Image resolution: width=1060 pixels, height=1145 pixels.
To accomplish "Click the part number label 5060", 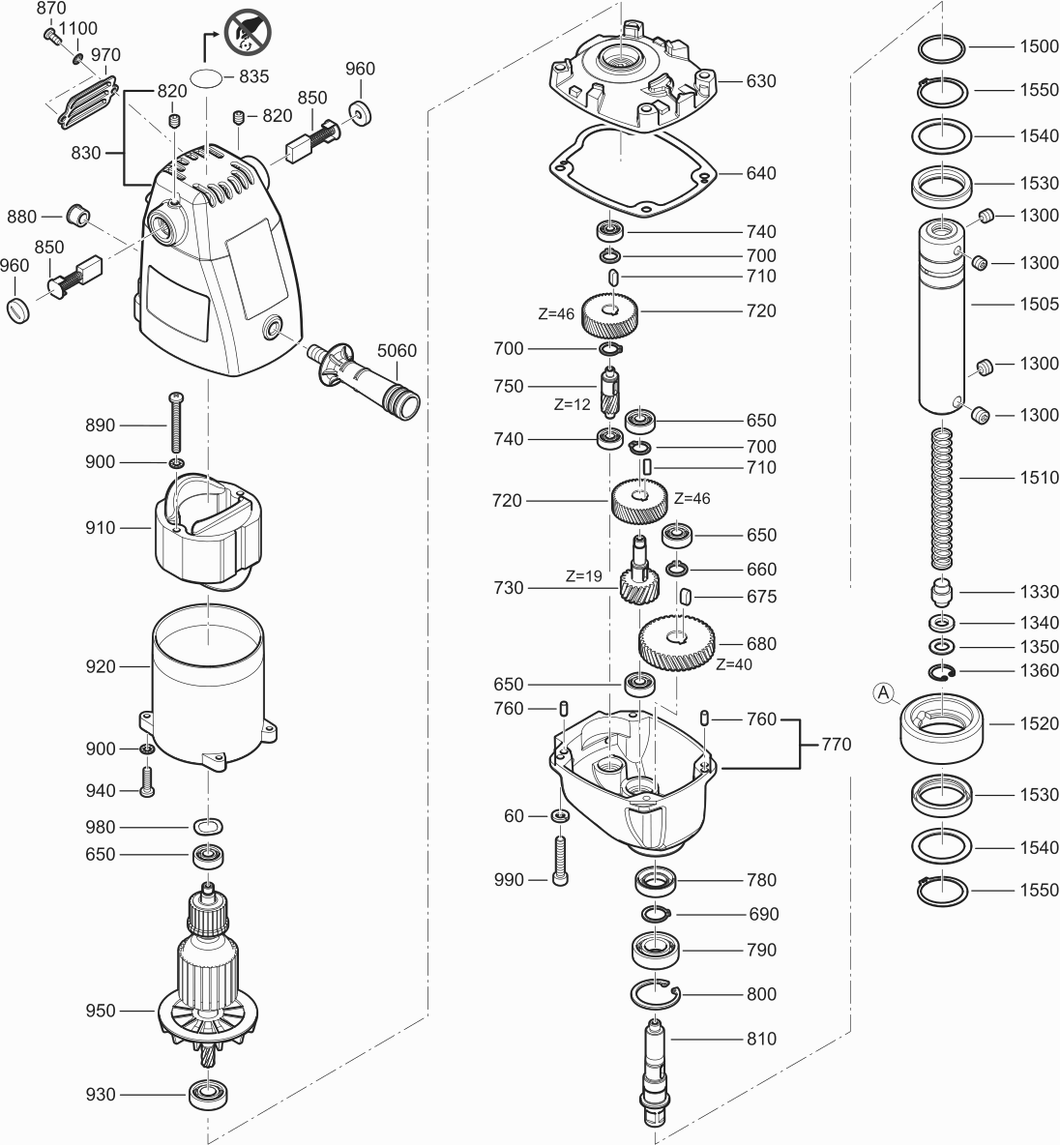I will (397, 350).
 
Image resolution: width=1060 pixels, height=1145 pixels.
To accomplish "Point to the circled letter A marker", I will (883, 691).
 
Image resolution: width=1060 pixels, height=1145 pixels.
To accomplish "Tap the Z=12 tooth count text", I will (573, 405).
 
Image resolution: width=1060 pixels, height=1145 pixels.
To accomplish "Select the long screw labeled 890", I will (176, 425).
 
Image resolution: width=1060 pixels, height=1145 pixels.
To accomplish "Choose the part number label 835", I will (253, 75).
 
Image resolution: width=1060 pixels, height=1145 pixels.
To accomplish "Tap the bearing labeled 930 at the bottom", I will (207, 1094).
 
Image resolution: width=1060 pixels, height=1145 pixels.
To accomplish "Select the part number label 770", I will (836, 744).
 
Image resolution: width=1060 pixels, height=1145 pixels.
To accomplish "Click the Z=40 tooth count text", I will (734, 664).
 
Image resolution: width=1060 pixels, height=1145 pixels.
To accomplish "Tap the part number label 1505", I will (1039, 304).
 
